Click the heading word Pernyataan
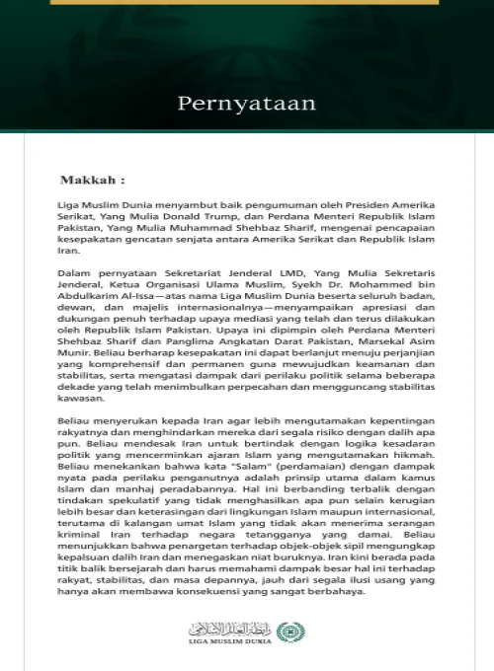click(246, 103)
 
